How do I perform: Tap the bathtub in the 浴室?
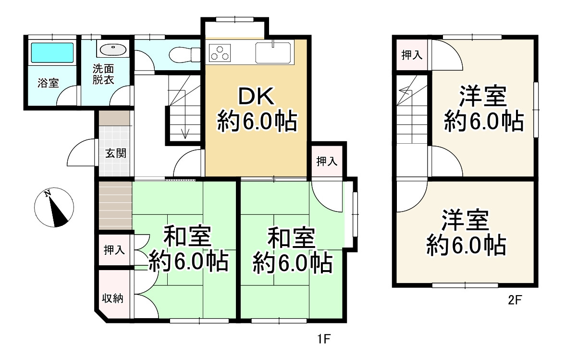click(52, 52)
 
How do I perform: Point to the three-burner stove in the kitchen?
click(220, 52)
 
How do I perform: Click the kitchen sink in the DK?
click(273, 52)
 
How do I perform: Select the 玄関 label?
click(115, 154)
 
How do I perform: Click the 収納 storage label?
click(114, 298)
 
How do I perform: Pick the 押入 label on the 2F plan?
click(412, 55)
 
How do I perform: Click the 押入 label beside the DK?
click(327, 162)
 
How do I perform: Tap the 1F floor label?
click(323, 339)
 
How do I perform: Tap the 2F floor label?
click(515, 301)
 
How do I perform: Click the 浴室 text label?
click(48, 83)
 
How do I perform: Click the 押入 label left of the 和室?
click(114, 250)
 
